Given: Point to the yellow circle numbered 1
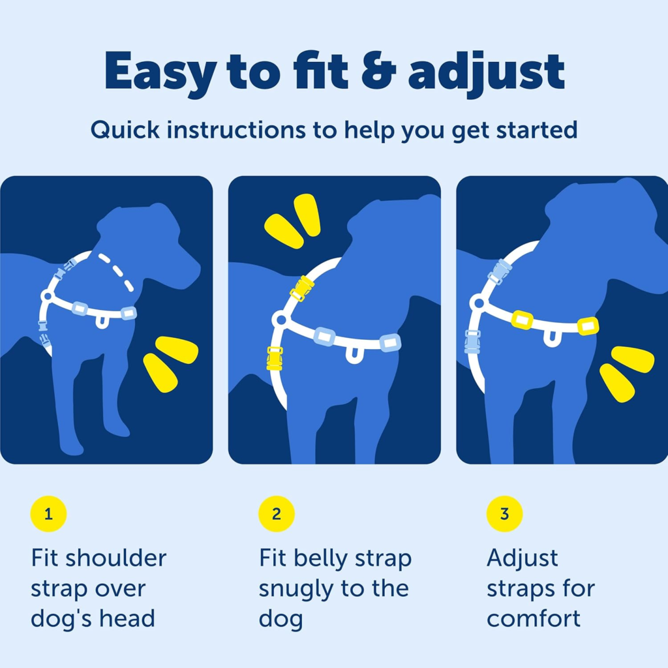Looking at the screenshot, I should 48,514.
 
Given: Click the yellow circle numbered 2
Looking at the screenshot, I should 277,514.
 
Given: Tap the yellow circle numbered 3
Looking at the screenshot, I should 504,514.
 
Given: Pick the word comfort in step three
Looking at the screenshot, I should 533,618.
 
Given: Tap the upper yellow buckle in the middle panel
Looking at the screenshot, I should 302,288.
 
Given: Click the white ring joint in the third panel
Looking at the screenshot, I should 478,303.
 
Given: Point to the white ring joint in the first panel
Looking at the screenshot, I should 46,296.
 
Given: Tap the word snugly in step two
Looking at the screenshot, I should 293,588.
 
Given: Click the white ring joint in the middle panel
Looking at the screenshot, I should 280,320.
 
